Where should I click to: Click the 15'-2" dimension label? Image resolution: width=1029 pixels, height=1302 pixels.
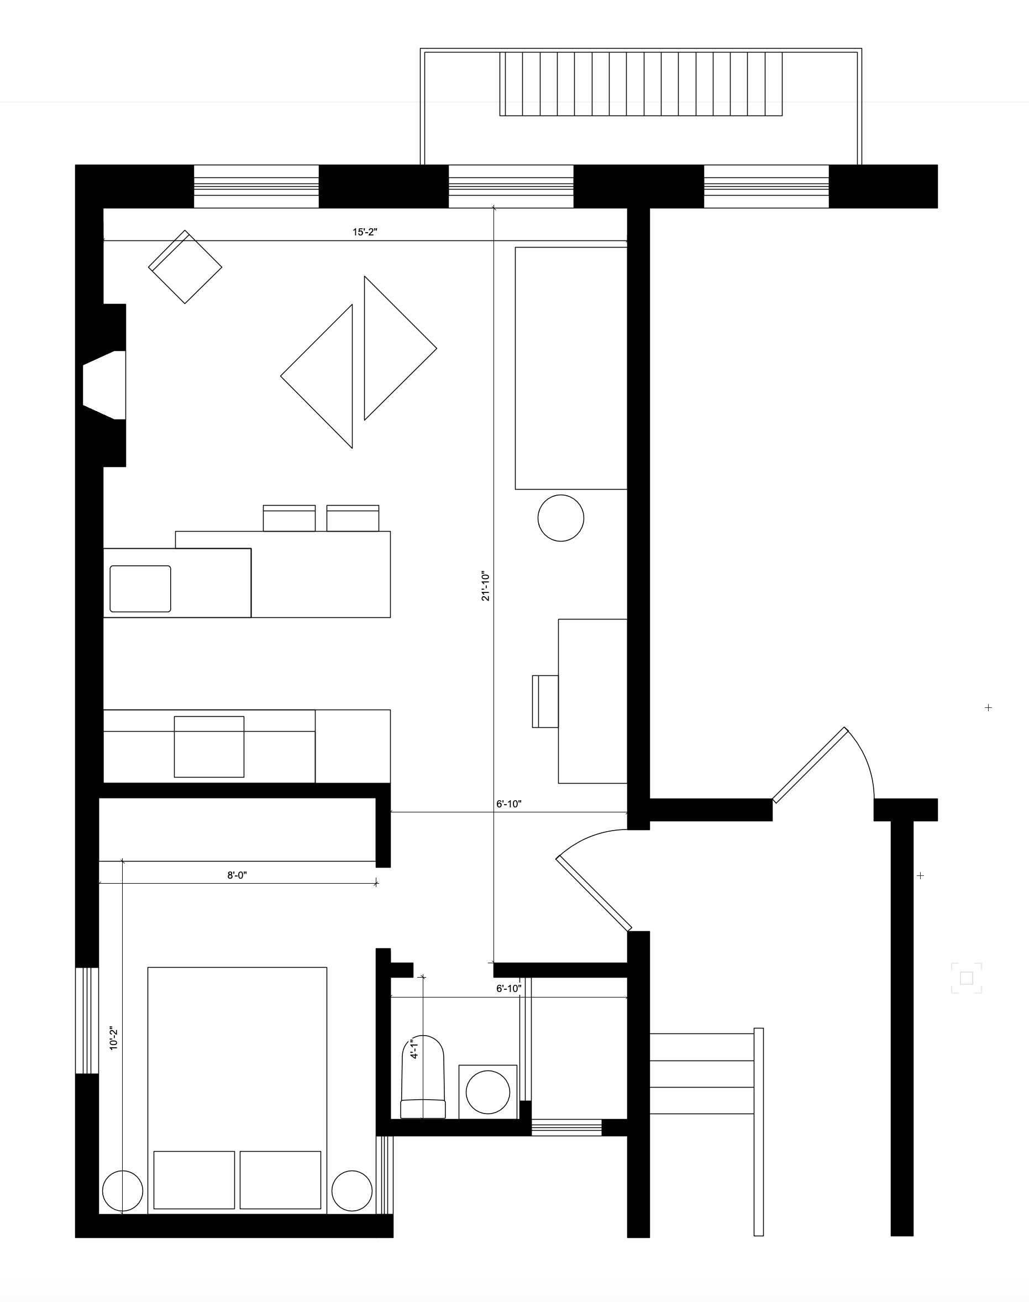(x=365, y=232)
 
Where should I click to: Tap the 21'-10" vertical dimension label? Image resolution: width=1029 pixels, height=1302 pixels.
(x=486, y=586)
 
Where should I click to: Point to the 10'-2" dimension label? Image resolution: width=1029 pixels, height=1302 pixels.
(x=113, y=1039)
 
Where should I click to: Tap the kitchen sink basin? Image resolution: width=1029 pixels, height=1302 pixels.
(x=140, y=589)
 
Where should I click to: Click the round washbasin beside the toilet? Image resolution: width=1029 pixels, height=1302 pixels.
(x=488, y=1091)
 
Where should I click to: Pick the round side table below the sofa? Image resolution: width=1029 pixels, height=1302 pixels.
(x=560, y=518)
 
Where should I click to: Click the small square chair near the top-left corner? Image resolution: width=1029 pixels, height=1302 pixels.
(x=185, y=267)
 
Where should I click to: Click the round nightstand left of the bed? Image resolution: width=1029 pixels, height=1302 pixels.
(x=123, y=1190)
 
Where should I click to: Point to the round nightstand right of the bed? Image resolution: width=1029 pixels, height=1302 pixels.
(x=352, y=1190)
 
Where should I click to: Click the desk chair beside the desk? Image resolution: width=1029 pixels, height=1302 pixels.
(x=545, y=701)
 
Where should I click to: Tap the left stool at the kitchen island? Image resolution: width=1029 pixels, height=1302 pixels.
(x=289, y=519)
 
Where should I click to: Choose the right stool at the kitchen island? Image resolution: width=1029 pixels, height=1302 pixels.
(x=353, y=519)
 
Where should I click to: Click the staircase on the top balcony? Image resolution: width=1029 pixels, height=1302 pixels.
(x=641, y=84)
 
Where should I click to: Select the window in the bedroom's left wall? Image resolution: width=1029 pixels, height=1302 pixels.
(x=87, y=1020)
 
